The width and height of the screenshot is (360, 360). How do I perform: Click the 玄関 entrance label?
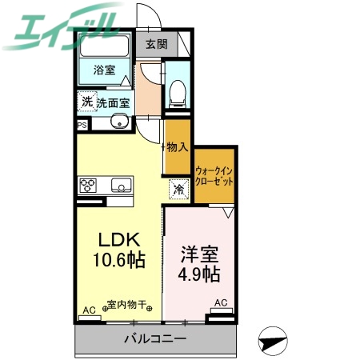pyautogui.click(x=156, y=45)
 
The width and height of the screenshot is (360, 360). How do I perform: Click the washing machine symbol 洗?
pyautogui.click(x=86, y=102)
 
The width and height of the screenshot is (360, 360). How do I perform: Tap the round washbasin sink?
pyautogui.click(x=118, y=122)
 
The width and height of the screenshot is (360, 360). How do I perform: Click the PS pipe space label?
pyautogui.click(x=82, y=125)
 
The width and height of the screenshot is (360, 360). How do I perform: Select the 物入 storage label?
pyautogui.click(x=177, y=147)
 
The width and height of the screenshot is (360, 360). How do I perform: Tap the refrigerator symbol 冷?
pyautogui.click(x=179, y=190)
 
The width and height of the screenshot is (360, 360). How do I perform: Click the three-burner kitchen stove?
pyautogui.click(x=87, y=186)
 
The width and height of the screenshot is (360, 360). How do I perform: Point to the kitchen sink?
pyautogui.click(x=120, y=186)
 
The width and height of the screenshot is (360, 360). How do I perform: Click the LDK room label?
pyautogui.click(x=119, y=239)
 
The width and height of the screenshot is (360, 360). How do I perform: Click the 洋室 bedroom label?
pyautogui.click(x=199, y=250)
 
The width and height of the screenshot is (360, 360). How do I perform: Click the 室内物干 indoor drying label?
pyautogui.click(x=126, y=305)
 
